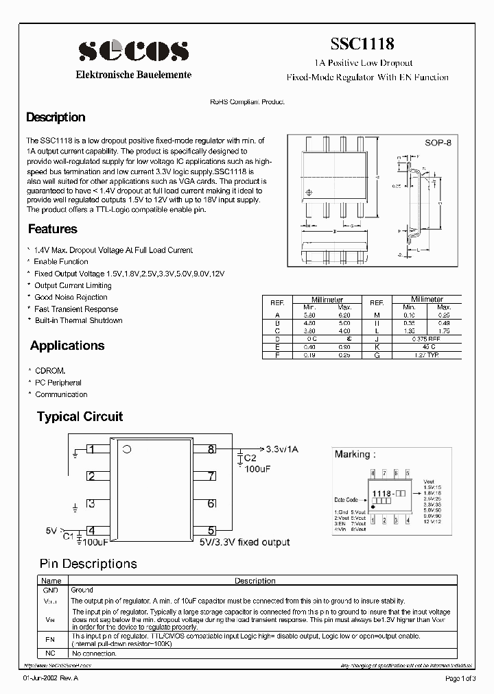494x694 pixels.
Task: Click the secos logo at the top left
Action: point(133,51)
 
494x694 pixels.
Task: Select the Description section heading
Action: point(56,117)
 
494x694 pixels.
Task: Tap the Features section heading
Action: point(53,229)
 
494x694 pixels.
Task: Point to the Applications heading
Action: point(67,346)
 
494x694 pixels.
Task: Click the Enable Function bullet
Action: point(61,262)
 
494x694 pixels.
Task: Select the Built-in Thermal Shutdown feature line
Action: point(78,320)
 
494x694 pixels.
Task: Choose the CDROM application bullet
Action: point(50,371)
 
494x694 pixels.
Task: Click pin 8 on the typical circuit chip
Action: point(211,450)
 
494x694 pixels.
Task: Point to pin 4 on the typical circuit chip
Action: point(91,530)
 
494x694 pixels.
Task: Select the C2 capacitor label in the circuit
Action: point(250,458)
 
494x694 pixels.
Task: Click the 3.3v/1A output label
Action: point(283,449)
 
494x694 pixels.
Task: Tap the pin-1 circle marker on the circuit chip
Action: point(126,450)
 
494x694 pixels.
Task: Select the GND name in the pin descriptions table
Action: point(51,590)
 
